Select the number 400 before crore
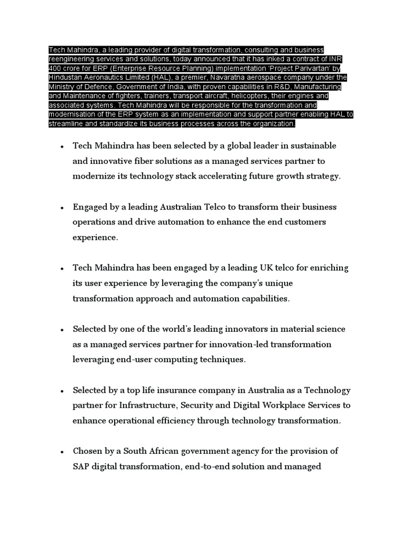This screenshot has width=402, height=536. [55, 68]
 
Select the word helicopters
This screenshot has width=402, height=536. [247, 96]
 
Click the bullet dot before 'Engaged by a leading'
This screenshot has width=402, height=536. [62, 208]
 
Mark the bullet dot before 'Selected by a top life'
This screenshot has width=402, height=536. [62, 392]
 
